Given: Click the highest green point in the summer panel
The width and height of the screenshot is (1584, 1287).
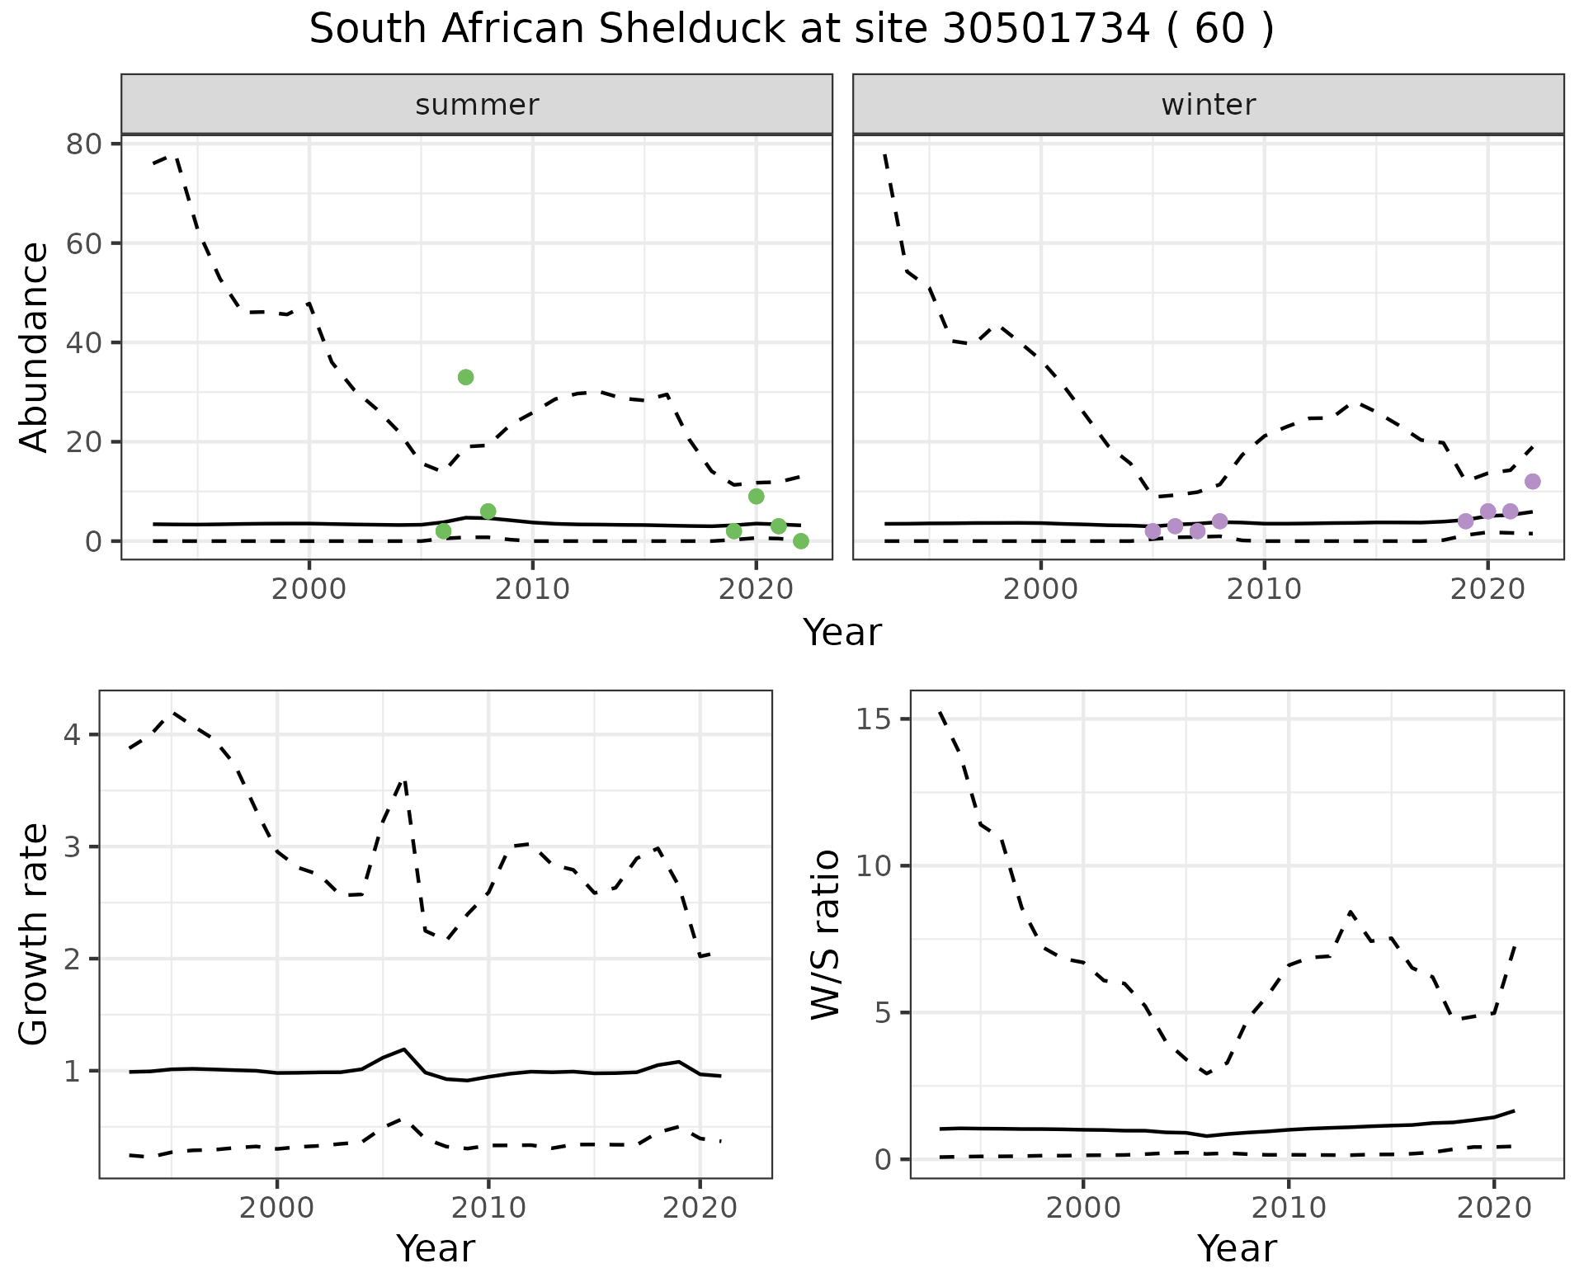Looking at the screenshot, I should point(465,377).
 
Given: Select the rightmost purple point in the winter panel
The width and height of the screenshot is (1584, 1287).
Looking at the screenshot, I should point(1533,482).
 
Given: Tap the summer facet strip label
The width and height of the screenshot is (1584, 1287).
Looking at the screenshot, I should point(477,105).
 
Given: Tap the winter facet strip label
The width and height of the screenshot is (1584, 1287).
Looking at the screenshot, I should point(1208,105).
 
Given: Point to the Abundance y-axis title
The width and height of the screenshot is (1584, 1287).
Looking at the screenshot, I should point(34,346).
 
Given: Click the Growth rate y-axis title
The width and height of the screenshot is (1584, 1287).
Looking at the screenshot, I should point(34,934).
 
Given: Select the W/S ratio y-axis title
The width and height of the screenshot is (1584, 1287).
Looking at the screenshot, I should point(825,934).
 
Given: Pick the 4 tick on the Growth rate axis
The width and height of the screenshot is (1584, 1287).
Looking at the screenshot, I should point(73,734).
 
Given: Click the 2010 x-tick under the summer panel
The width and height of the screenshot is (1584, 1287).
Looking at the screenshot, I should point(532,589).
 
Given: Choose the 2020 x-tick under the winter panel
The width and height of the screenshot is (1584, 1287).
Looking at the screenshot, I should point(1487,589).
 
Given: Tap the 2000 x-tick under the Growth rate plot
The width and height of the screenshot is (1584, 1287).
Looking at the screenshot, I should point(277,1209).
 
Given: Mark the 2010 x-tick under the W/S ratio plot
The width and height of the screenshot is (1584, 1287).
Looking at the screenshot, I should point(1288,1209).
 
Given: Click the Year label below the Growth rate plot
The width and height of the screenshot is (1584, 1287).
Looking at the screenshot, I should point(436,1248).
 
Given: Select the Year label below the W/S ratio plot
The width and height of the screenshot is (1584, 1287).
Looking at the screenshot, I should point(1237,1248).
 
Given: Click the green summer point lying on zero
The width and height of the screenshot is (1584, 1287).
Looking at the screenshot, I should point(800,541).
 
